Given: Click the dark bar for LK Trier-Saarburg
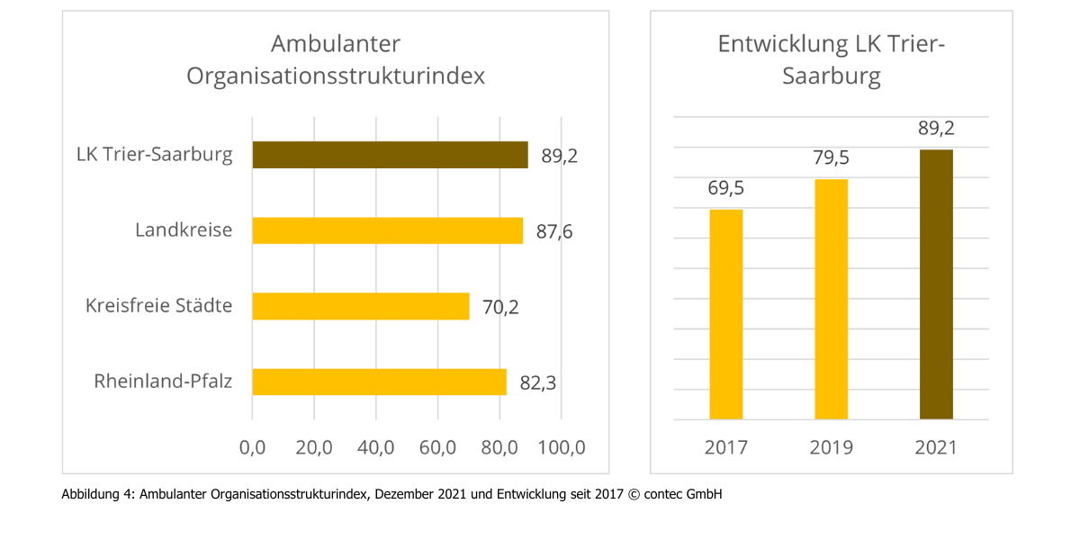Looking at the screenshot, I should [x=390, y=155].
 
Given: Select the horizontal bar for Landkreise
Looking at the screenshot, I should [x=387, y=230].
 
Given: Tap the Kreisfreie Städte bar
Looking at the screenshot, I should [x=360, y=306].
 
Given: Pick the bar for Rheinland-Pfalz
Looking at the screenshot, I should [x=379, y=382].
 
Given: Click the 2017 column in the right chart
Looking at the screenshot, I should [x=726, y=314].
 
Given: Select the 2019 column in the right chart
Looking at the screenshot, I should [x=831, y=299].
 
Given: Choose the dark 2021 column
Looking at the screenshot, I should [x=936, y=284].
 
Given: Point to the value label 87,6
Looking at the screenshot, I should [x=554, y=232].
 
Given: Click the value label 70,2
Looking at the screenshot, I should [x=501, y=307].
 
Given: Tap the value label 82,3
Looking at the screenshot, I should [x=538, y=383].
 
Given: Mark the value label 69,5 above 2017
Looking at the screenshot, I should [x=726, y=189].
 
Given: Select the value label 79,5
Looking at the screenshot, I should [x=831, y=158].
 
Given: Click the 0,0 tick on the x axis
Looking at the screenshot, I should [x=252, y=447].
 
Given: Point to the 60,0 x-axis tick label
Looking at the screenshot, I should [x=437, y=447].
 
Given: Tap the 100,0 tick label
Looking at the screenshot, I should [x=561, y=447].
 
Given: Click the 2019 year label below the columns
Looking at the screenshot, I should [x=831, y=447].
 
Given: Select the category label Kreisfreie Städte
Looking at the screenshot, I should [x=158, y=306].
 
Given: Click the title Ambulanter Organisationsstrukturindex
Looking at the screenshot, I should [x=336, y=59].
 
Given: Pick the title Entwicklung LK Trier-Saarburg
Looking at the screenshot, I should [x=831, y=59].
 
